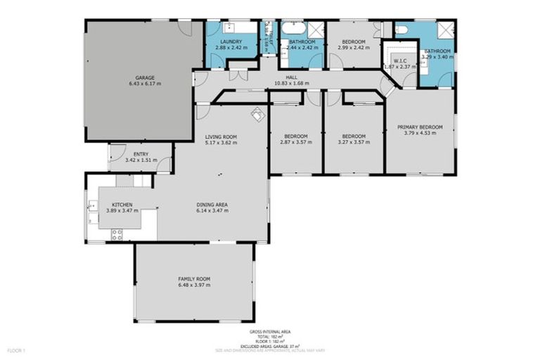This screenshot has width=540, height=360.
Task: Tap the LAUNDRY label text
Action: click(231, 42)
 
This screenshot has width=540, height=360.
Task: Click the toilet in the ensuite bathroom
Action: click(401, 30)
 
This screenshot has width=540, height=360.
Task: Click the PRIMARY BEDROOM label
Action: click(420, 127)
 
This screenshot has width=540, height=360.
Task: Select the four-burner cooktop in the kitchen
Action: click(117, 235)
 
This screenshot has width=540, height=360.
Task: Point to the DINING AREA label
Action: click(212, 205)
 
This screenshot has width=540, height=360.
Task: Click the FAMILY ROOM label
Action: click(194, 280)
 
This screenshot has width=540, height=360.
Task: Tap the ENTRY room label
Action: click(141, 154)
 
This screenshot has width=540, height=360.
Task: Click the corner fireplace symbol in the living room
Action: click(257, 112)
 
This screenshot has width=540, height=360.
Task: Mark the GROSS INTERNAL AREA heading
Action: click(270, 331)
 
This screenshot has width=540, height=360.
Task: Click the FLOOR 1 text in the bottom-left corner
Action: click(15, 349)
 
